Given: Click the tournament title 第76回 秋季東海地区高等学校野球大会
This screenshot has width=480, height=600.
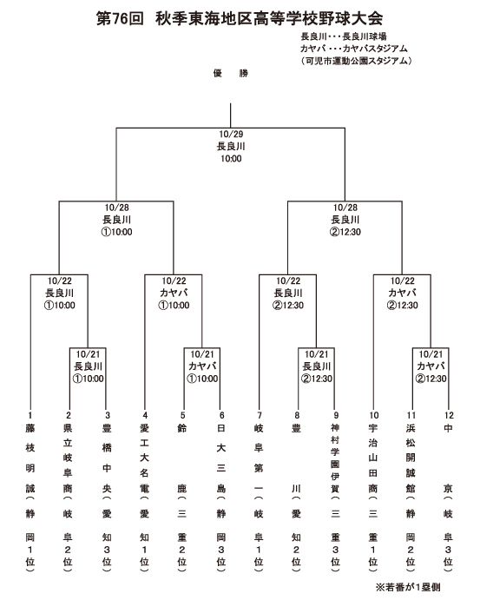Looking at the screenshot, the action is coord(239,18).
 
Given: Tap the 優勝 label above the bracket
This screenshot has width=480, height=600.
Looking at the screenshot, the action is coord(231,73).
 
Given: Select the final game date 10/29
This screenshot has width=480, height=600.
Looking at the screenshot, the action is coord(231,134).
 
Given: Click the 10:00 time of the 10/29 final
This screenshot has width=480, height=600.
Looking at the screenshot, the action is coord(231,158).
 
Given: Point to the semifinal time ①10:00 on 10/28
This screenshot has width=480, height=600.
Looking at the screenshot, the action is coord(116,232).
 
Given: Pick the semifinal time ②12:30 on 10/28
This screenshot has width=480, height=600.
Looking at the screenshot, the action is coord(345,232).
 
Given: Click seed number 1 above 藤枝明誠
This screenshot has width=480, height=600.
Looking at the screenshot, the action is coord(30,415).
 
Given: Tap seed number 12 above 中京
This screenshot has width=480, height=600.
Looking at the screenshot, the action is coord(449,415).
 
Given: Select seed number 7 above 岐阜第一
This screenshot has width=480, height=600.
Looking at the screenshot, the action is coord(259,415).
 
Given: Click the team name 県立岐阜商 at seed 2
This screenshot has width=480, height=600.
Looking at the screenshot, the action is coord(68,458).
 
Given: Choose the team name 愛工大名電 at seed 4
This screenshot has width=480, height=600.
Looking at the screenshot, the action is coord(144,458).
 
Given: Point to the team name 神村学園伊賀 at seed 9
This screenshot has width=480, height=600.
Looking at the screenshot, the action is coord(335,458).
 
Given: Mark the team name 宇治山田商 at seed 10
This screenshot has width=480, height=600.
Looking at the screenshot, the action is coord(373,458).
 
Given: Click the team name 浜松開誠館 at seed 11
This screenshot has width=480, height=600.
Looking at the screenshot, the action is coord(411,458).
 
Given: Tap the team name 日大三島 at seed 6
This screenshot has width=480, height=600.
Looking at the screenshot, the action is coord(221,458).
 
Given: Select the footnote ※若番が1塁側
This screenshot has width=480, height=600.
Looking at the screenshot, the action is coord(408,587).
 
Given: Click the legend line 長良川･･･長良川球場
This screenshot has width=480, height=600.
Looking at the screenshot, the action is coord(344,36).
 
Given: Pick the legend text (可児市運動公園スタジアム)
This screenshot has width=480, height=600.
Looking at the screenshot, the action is coord(356,61).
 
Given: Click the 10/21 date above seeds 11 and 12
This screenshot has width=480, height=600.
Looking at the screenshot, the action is coord(431,354).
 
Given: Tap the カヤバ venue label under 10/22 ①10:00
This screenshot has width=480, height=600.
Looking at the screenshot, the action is coord(174,293).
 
